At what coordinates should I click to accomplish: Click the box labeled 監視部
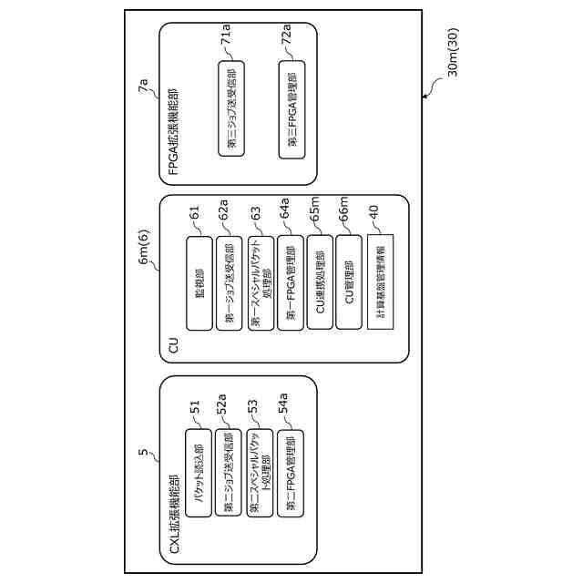tap(199, 283)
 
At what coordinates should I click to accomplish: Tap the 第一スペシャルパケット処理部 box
tap(261, 283)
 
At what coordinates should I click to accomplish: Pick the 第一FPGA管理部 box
tap(291, 283)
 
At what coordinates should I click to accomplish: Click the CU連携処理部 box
tap(321, 283)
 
